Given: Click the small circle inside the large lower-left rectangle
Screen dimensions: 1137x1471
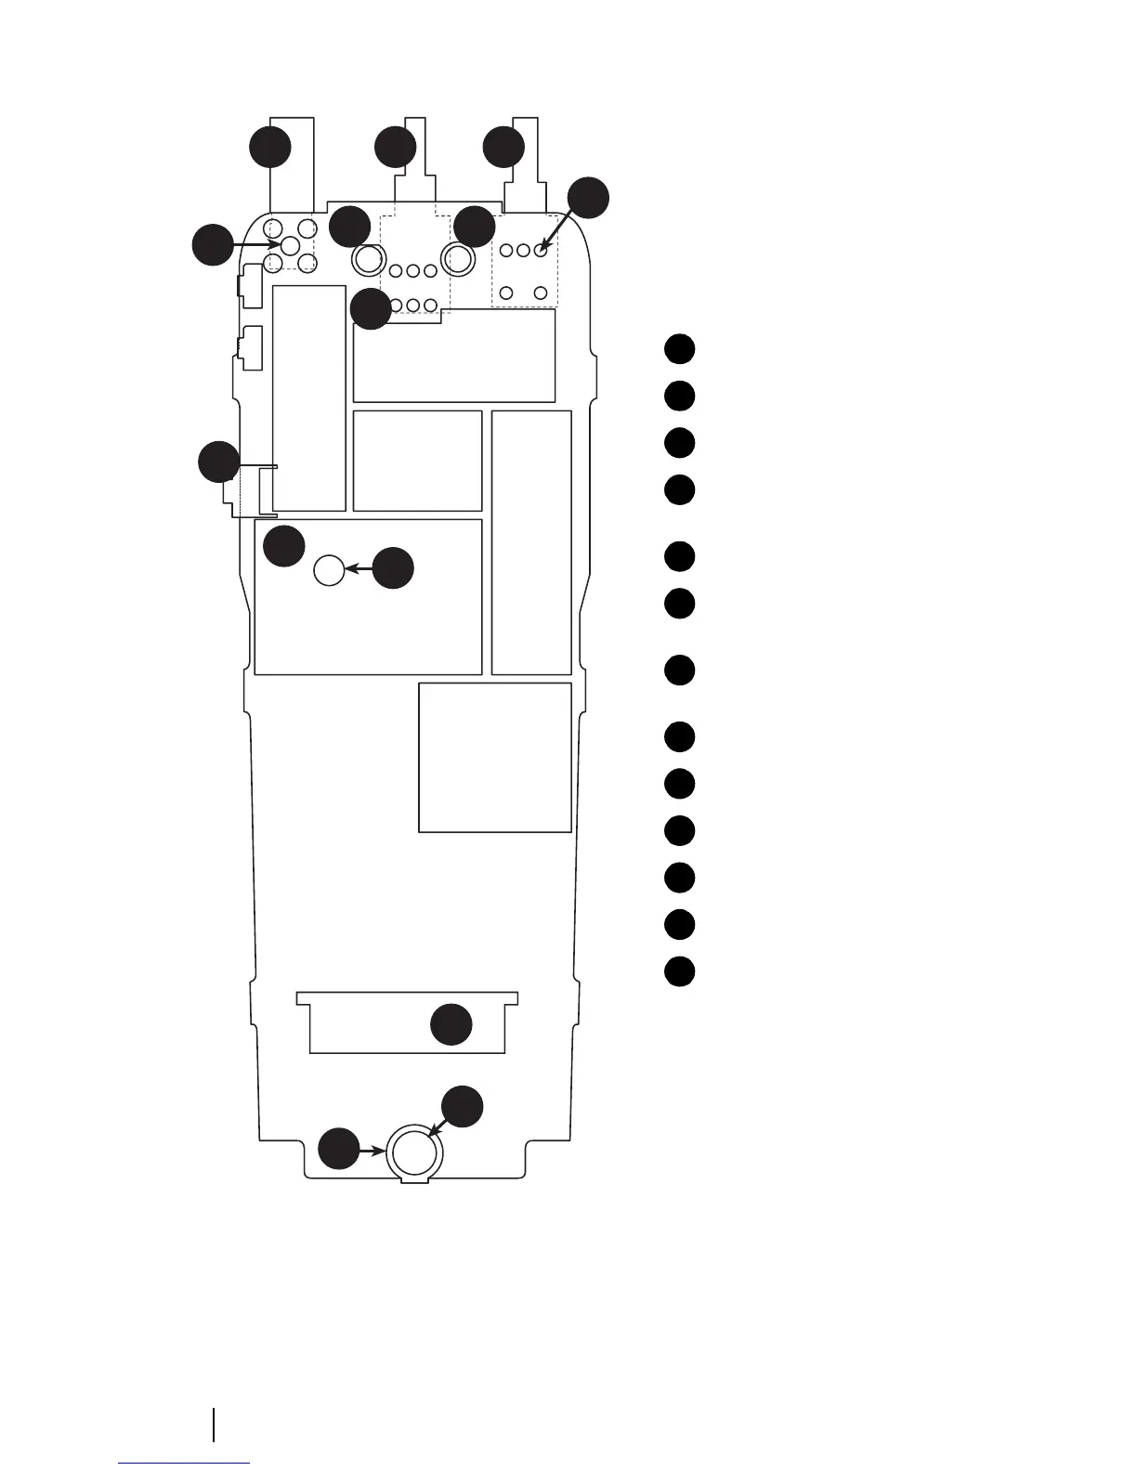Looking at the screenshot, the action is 330,569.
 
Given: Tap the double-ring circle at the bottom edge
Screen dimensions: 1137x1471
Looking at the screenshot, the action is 414,1152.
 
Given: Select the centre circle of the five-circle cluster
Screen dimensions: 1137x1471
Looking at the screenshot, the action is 290,245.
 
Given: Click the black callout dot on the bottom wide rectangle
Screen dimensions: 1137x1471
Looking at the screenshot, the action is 452,1024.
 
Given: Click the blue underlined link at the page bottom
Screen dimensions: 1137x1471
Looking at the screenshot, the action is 184,1463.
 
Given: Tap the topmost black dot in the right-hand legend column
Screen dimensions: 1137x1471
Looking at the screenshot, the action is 680,348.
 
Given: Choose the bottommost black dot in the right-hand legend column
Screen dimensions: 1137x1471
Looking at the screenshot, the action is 680,971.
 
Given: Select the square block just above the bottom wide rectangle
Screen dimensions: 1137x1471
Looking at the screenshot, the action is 494,757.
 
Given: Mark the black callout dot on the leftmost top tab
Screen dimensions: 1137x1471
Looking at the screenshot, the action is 270,148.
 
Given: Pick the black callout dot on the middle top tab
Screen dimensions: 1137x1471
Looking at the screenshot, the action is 396,148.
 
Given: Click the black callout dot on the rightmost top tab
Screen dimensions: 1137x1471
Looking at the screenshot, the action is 504,148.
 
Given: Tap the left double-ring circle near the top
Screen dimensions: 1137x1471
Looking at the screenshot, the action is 369,259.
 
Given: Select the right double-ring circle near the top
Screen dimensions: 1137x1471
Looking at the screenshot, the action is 458,259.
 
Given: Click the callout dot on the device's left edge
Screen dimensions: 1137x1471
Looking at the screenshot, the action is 219,462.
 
